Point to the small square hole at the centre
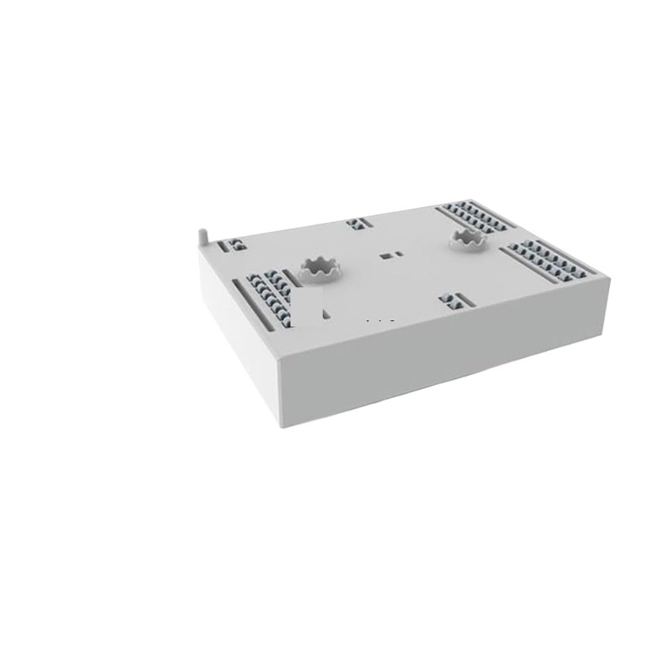[385, 256]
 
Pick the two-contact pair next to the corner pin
[237, 245]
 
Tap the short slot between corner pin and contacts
[223, 247]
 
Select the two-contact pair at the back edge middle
[353, 224]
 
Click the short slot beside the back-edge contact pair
[365, 222]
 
